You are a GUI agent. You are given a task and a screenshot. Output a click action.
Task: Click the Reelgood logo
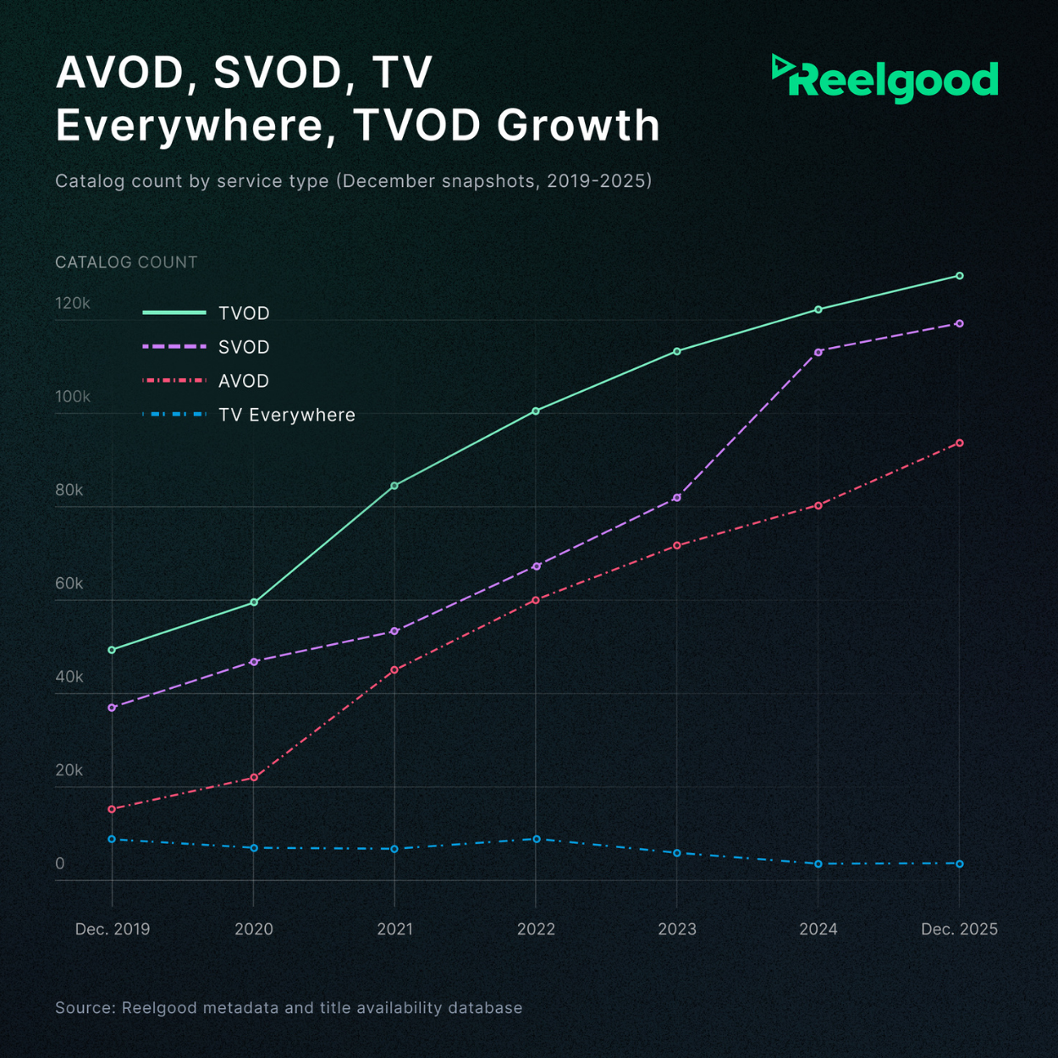coord(885,80)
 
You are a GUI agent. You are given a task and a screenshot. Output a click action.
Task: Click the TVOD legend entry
coord(244,313)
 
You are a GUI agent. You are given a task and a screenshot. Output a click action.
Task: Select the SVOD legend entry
coord(244,347)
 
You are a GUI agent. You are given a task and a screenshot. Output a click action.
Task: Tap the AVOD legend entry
coord(244,381)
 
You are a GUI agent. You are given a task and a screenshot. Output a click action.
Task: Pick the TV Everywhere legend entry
coord(286,415)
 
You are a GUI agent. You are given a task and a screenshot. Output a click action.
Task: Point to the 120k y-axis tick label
coord(73,303)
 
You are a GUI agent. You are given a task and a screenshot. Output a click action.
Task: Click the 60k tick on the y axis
coord(69,583)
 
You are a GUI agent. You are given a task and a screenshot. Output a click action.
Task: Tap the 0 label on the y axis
coord(60,863)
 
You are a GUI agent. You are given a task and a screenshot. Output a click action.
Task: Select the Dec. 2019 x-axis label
coord(113,929)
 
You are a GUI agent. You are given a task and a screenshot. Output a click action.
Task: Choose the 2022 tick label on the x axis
coord(536,929)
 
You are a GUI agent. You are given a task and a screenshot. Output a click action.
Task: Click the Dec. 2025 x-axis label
coord(959,929)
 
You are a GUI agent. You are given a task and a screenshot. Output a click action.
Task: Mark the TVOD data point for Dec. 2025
coord(959,276)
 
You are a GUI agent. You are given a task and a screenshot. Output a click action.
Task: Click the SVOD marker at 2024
coord(818,352)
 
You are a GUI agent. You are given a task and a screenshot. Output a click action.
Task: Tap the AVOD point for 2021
coord(394,670)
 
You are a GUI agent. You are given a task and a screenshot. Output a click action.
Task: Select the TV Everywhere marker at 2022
coord(536,839)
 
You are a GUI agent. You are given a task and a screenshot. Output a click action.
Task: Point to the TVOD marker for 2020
coord(254,603)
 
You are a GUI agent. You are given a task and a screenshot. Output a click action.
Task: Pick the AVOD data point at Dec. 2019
coord(112,809)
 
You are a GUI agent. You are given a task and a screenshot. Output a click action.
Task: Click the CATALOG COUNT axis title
coord(126,262)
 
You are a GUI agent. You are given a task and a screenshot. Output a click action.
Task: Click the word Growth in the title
coord(578,125)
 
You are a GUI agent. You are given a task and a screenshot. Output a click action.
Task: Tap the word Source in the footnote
coord(85,1007)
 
